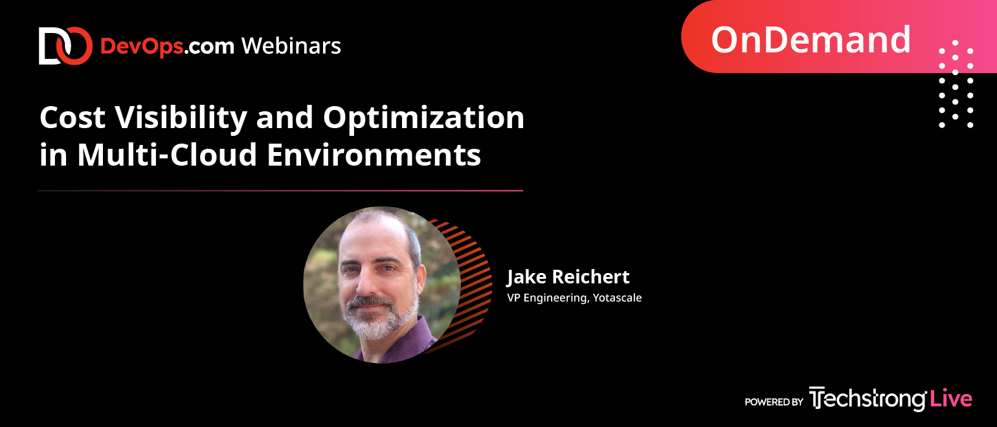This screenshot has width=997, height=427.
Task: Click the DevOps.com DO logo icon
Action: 65,46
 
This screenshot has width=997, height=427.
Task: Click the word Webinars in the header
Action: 291,46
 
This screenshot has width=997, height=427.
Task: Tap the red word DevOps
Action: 142,47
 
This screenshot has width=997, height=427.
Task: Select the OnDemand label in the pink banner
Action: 811,39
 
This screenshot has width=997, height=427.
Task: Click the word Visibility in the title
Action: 181,118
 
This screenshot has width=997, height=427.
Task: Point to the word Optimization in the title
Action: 423,118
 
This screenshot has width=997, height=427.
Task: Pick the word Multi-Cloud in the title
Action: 167,155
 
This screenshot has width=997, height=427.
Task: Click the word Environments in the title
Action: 374,155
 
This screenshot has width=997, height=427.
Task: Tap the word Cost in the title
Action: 73,118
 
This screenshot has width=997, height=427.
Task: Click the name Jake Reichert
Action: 568,277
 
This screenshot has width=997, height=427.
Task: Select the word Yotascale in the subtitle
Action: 617,298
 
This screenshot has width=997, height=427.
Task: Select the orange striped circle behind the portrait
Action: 472,285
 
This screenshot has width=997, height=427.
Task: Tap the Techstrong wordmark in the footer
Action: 868,399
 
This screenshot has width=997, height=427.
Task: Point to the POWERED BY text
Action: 774,402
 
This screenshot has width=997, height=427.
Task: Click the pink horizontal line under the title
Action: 280,190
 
